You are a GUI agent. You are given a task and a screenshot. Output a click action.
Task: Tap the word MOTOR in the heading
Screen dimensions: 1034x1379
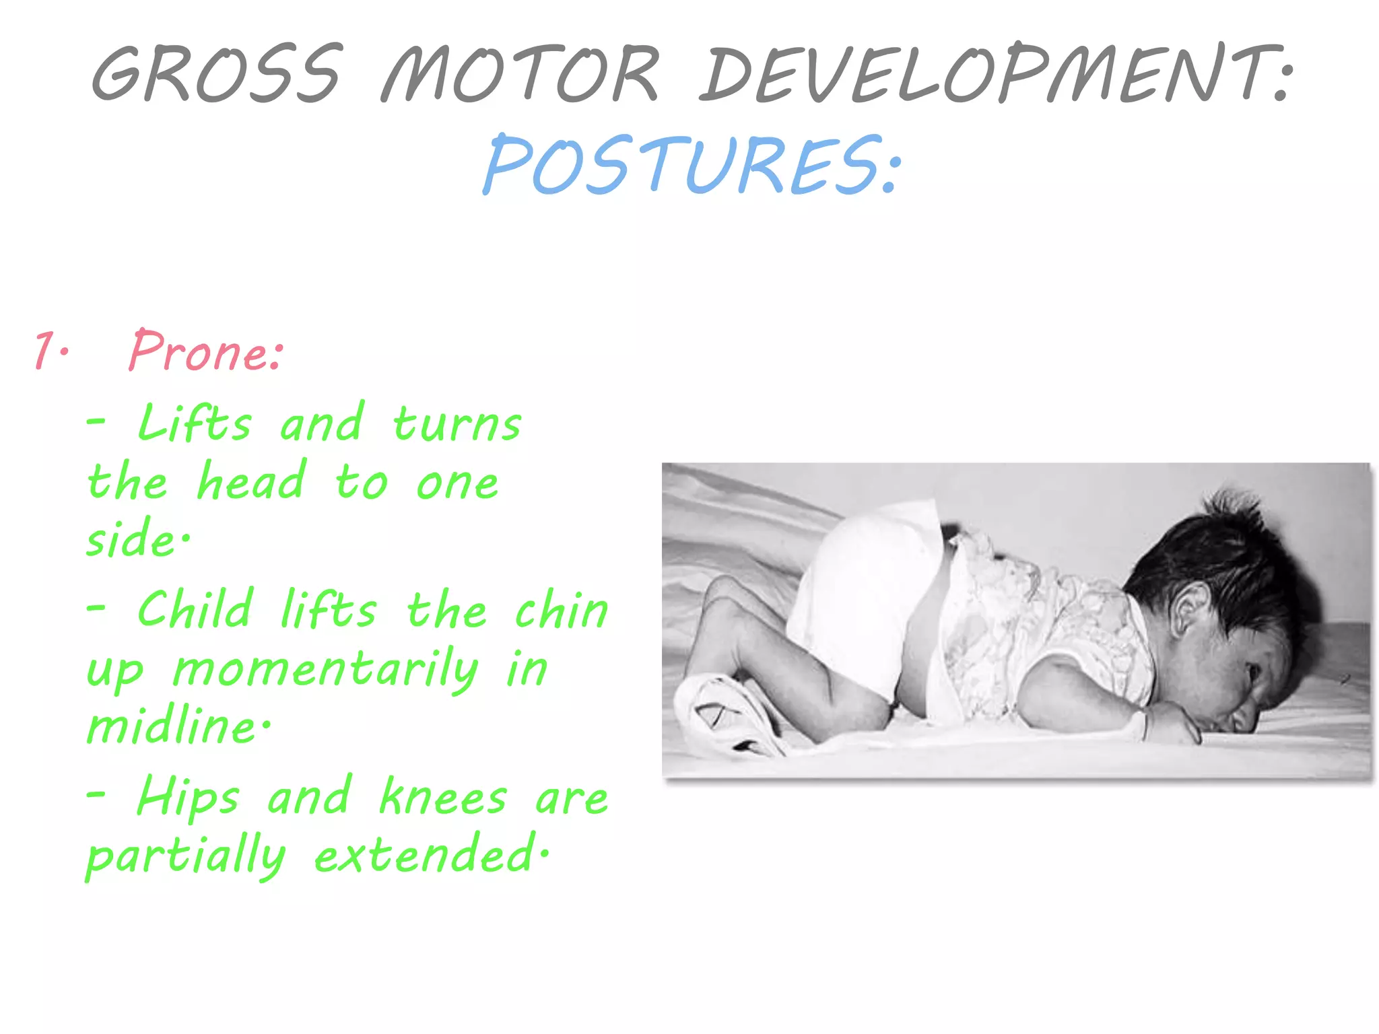[x=520, y=74]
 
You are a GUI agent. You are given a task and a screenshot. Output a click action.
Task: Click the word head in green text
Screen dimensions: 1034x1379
[x=250, y=482]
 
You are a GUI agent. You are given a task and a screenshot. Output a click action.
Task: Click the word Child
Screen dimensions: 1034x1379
[x=195, y=610]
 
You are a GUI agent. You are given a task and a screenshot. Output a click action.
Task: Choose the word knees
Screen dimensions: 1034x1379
[x=443, y=797]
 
